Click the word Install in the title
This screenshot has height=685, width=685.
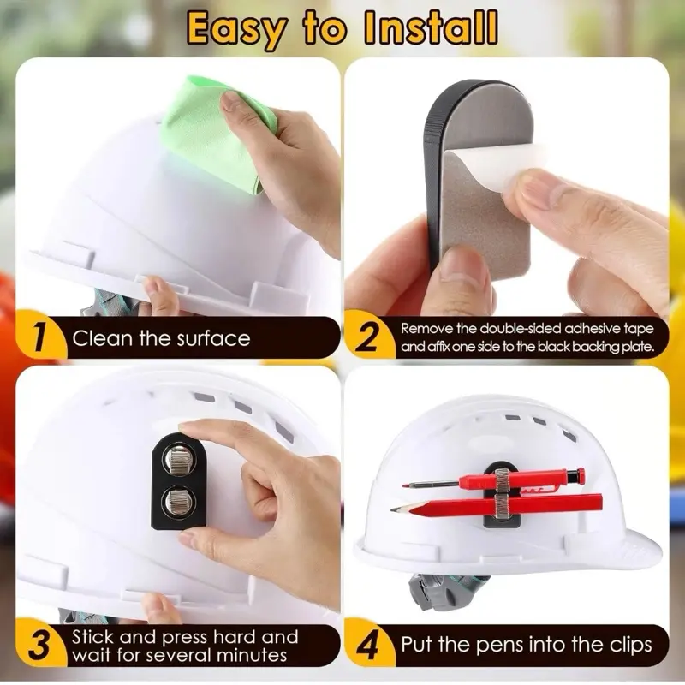pyautogui.click(x=431, y=27)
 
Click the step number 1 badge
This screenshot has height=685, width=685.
pyautogui.click(x=39, y=336)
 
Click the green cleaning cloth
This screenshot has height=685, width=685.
pyautogui.click(x=214, y=131)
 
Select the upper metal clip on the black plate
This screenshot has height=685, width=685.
pyautogui.click(x=178, y=459)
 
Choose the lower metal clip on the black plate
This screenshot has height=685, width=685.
pyautogui.click(x=177, y=502)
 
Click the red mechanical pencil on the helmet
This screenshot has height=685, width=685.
pyautogui.click(x=494, y=479)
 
